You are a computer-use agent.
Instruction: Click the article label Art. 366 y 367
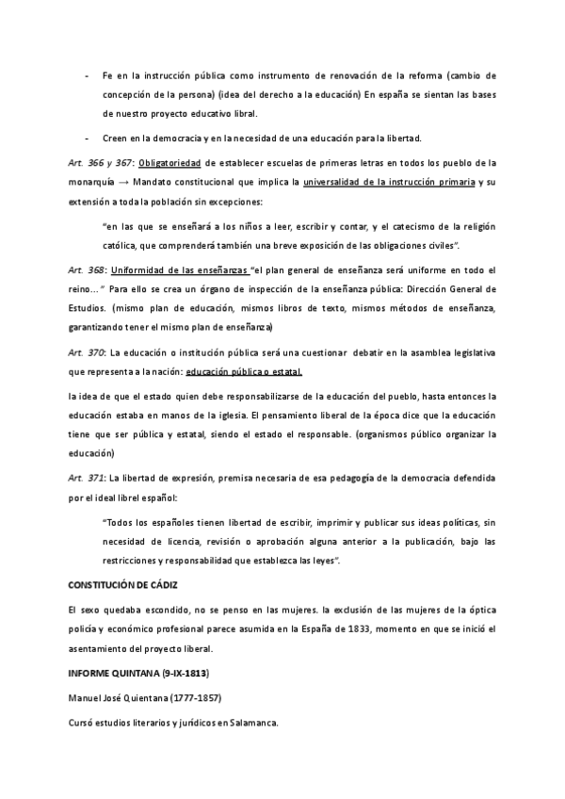point(97,162)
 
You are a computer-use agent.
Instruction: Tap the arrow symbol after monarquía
point(124,182)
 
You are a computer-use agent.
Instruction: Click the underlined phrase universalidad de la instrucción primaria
point(389,182)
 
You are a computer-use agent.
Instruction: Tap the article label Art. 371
point(86,480)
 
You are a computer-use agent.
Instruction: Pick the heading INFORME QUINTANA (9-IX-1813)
point(138,677)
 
